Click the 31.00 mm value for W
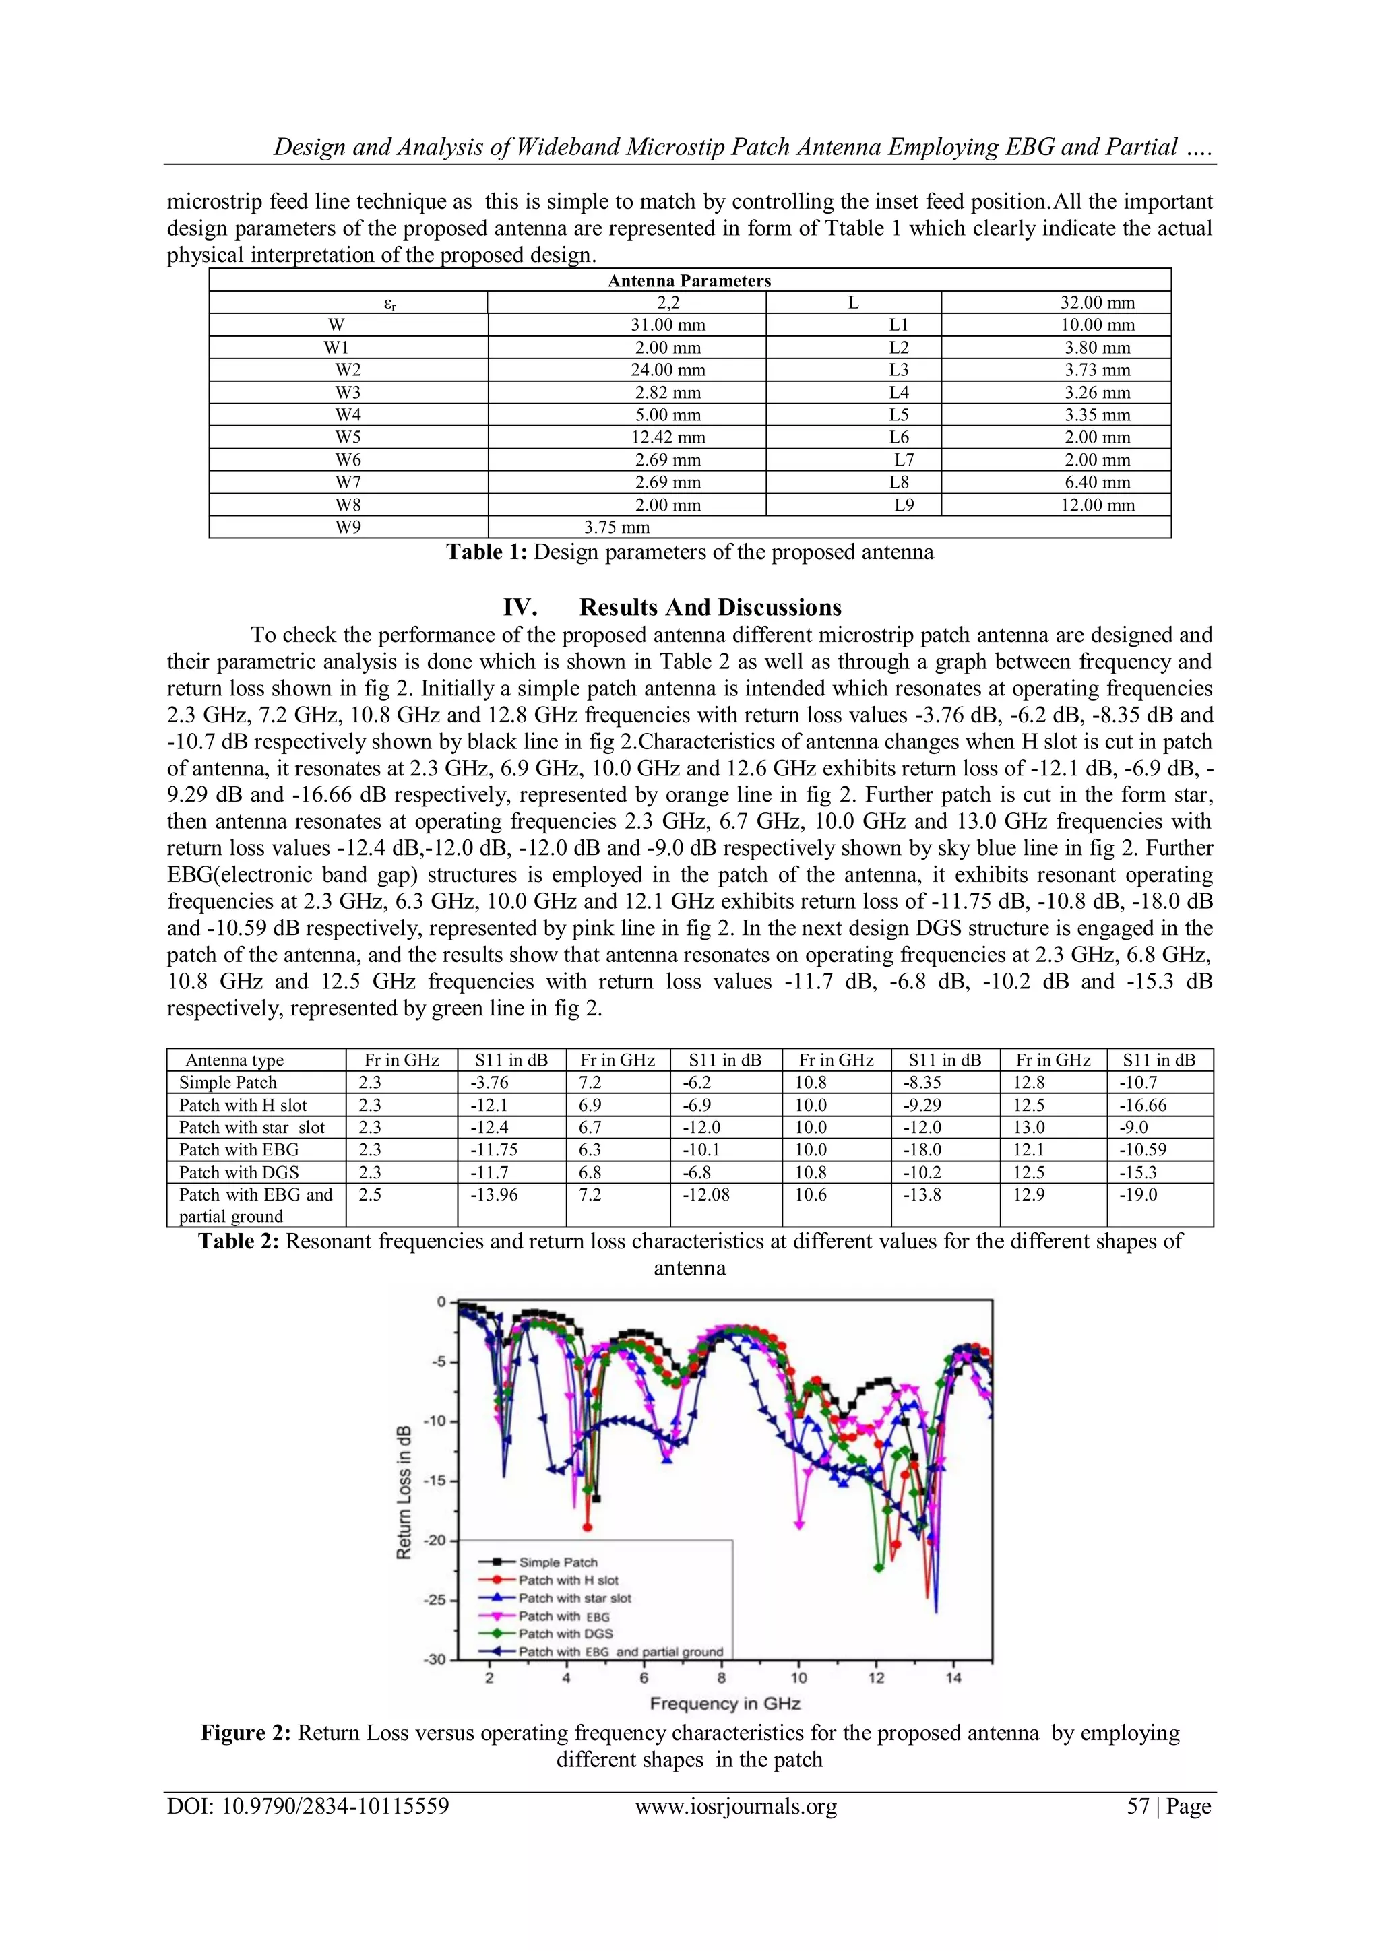pos(668,325)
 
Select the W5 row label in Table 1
pos(348,437)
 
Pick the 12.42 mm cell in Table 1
pos(668,437)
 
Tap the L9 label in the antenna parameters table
pos(904,505)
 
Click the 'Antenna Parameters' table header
pos(689,280)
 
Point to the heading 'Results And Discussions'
pos(710,607)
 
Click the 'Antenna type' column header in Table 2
pos(234,1060)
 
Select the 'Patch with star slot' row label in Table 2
pos(251,1127)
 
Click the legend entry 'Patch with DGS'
pos(565,1633)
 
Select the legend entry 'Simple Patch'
pos(559,1562)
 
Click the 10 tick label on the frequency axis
pos(798,1677)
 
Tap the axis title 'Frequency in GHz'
pos(725,1703)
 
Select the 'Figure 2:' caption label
pos(245,1733)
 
